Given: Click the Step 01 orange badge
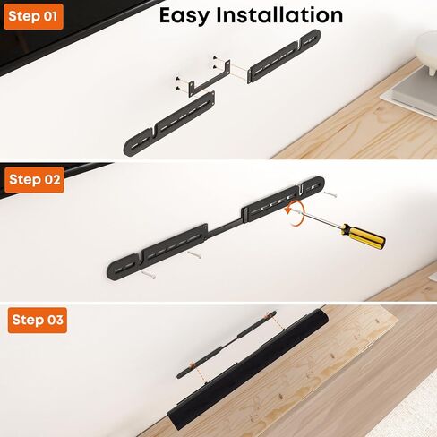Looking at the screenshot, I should [33, 16].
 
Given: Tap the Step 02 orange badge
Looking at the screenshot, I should [34, 179].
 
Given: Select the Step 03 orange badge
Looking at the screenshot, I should [37, 321].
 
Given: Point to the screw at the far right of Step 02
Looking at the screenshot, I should [331, 193].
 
